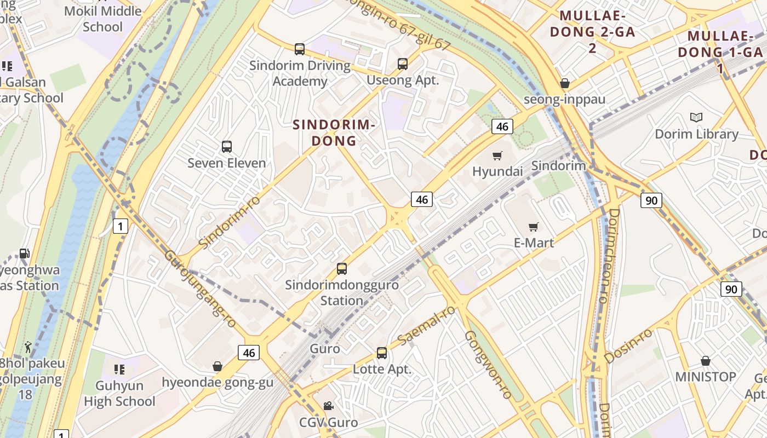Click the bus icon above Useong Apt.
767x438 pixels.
point(403,64)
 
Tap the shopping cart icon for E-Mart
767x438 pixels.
point(533,227)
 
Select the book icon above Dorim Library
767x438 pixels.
point(696,117)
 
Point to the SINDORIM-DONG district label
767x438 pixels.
point(334,132)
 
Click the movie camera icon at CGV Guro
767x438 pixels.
point(328,406)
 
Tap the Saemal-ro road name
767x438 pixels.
point(426,325)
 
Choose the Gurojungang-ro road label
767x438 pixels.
point(200,289)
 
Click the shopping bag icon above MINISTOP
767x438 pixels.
point(706,361)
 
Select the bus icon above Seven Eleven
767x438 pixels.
point(227,147)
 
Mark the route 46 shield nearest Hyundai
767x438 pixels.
point(501,127)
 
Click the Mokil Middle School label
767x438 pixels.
point(103,19)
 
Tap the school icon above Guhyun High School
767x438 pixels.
point(119,370)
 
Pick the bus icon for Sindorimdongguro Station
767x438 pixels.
point(342,269)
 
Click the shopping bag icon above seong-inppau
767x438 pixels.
point(565,83)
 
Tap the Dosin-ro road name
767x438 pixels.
point(628,346)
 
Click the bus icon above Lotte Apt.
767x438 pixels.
point(382,353)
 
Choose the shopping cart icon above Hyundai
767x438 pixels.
point(497,155)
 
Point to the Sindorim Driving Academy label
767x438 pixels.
point(300,73)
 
